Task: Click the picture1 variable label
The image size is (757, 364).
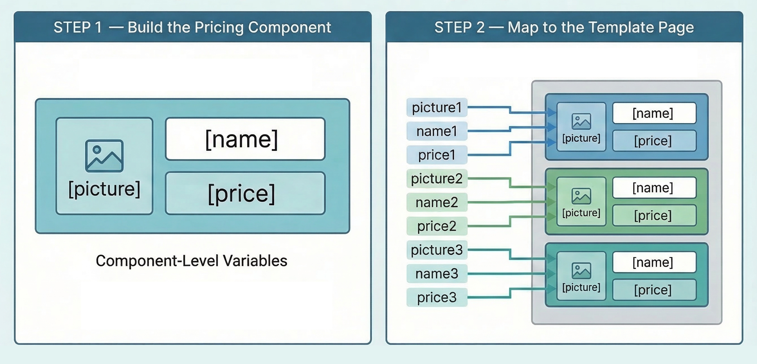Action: click(x=436, y=107)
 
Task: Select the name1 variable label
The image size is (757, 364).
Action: click(x=436, y=131)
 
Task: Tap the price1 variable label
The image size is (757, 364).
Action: click(x=436, y=155)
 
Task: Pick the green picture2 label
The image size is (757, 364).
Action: click(x=436, y=178)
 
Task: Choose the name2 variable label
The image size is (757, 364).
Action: click(x=436, y=202)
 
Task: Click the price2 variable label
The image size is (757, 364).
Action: click(x=436, y=226)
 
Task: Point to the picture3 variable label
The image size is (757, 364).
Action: click(x=436, y=250)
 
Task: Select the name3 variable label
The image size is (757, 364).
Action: click(x=436, y=274)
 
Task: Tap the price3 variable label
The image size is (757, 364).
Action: click(x=436, y=297)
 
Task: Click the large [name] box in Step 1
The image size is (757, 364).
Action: click(x=245, y=139)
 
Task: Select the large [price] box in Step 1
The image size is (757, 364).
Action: click(x=245, y=193)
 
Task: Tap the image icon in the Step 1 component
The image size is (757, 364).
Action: click(x=104, y=156)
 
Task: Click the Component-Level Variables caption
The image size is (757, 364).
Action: click(x=191, y=261)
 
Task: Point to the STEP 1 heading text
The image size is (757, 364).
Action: click(x=192, y=27)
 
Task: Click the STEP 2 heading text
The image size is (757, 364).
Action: click(x=564, y=27)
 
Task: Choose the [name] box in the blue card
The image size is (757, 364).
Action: click(x=654, y=113)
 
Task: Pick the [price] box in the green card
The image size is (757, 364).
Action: click(x=654, y=215)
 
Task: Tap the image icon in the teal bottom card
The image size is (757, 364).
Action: click(x=581, y=271)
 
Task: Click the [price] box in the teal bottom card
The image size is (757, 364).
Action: click(x=654, y=290)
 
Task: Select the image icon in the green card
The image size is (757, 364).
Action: click(x=581, y=196)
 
